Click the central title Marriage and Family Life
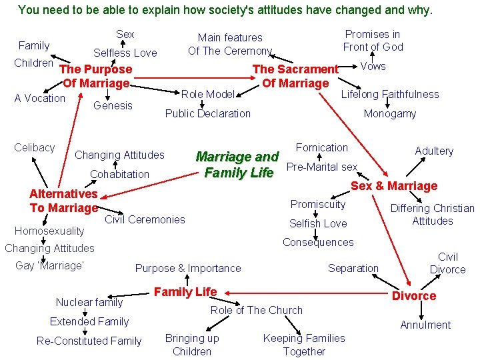[x=237, y=165]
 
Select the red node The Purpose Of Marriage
[x=96, y=76]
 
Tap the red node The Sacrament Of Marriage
[x=295, y=76]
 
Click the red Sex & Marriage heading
[x=394, y=186]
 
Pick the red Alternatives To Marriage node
[x=63, y=201]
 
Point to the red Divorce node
[x=414, y=295]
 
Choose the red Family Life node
[x=185, y=291]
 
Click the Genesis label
[x=113, y=105]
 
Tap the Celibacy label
[x=35, y=147]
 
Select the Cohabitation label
[x=119, y=174]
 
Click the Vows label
[x=373, y=66]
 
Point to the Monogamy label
[x=390, y=114]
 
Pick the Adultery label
[x=434, y=151]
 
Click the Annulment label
[x=425, y=325]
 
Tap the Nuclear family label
[x=89, y=302]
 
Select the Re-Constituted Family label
[x=89, y=341]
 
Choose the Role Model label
[x=208, y=94]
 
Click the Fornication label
[x=322, y=147]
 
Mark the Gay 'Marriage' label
[x=49, y=265]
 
